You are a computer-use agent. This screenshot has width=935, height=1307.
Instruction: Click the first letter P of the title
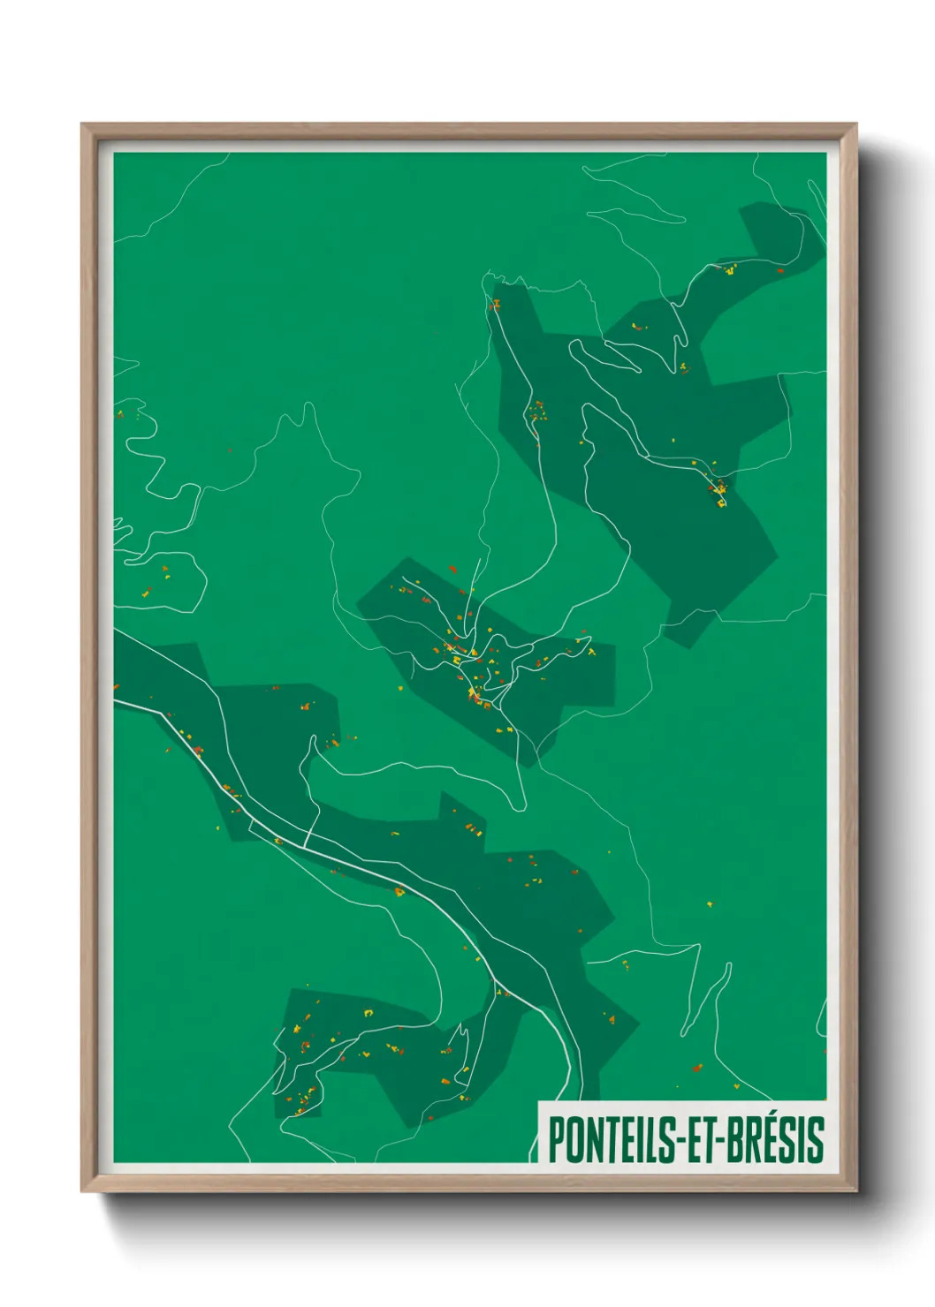coord(556,1140)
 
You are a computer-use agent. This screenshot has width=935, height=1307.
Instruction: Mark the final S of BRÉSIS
coord(817,1140)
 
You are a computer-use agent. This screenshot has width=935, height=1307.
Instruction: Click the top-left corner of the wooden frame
coord(83,125)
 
